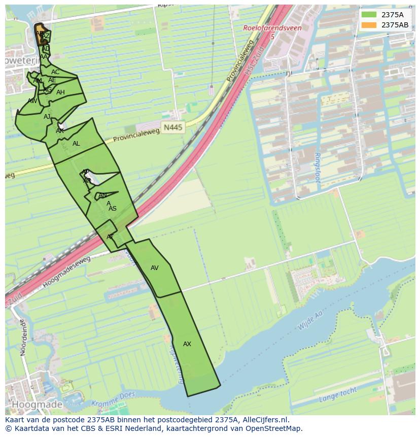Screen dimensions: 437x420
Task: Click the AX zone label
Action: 187,344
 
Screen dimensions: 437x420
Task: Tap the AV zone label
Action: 155,268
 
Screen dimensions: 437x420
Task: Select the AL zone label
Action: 76,144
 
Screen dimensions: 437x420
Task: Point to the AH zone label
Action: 60,92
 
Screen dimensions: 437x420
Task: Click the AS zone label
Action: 113,209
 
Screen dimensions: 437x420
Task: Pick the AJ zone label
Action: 47,117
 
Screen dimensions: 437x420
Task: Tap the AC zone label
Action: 55,72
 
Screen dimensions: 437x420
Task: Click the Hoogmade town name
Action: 37,405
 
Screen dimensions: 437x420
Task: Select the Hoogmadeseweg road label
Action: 66,272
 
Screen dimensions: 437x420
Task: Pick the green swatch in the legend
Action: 369,15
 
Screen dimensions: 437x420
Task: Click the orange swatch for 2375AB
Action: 369,25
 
